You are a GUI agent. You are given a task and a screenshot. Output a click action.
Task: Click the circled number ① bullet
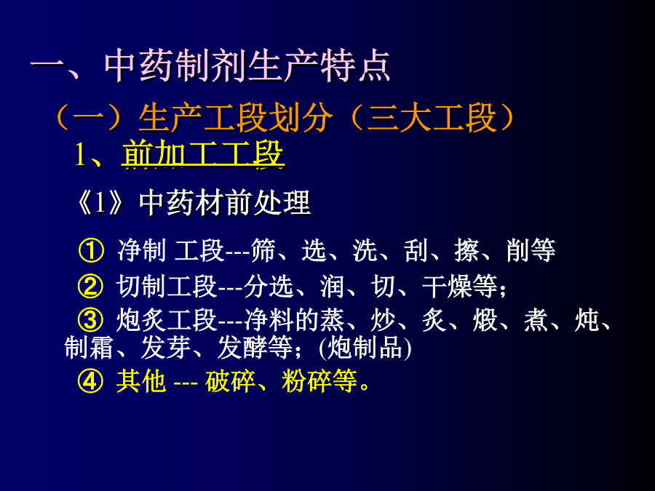[x=91, y=250]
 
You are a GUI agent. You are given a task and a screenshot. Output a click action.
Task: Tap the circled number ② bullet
[x=90, y=287]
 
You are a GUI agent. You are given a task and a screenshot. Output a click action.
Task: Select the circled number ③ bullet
[x=90, y=320]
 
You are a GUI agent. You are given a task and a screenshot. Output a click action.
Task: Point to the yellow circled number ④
[x=90, y=380]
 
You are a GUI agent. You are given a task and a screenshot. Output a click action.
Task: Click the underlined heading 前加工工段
[x=204, y=154]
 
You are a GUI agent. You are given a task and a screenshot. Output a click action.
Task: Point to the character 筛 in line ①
[x=263, y=250]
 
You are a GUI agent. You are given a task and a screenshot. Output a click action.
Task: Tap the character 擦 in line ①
[x=467, y=250]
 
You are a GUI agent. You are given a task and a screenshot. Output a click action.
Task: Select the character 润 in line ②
[x=333, y=287]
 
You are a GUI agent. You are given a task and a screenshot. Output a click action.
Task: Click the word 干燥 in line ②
[x=447, y=287]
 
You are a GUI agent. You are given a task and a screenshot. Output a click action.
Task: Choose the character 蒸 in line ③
[x=333, y=320]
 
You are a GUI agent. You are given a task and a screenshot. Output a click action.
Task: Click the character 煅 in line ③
[x=485, y=320]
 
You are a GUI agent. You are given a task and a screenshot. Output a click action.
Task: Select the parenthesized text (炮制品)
[x=365, y=348]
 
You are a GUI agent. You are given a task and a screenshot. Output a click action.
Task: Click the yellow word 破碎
[x=230, y=380]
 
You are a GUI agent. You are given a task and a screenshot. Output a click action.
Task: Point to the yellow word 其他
[x=141, y=380]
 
